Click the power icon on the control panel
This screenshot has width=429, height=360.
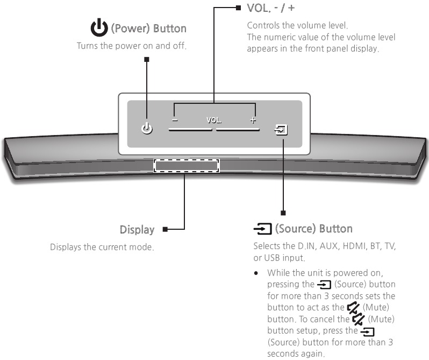pyautogui.click(x=146, y=129)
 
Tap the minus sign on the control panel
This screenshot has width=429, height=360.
pyautogui.click(x=175, y=121)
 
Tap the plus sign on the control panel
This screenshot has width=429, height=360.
pyautogui.click(x=253, y=121)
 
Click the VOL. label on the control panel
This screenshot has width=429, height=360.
pyautogui.click(x=214, y=121)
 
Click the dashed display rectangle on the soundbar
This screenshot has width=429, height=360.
pyautogui.click(x=187, y=165)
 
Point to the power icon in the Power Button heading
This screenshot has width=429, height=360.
pyautogui.click(x=98, y=27)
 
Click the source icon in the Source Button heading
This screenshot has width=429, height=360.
pyautogui.click(x=262, y=229)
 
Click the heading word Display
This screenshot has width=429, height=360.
pyautogui.click(x=137, y=230)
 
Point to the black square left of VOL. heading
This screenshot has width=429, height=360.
pyautogui.click(x=238, y=8)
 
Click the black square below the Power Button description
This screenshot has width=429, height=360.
pyautogui.click(x=146, y=60)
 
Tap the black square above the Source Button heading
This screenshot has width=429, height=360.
pyautogui.click(x=283, y=213)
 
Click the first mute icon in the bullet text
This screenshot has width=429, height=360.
pyautogui.click(x=355, y=307)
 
